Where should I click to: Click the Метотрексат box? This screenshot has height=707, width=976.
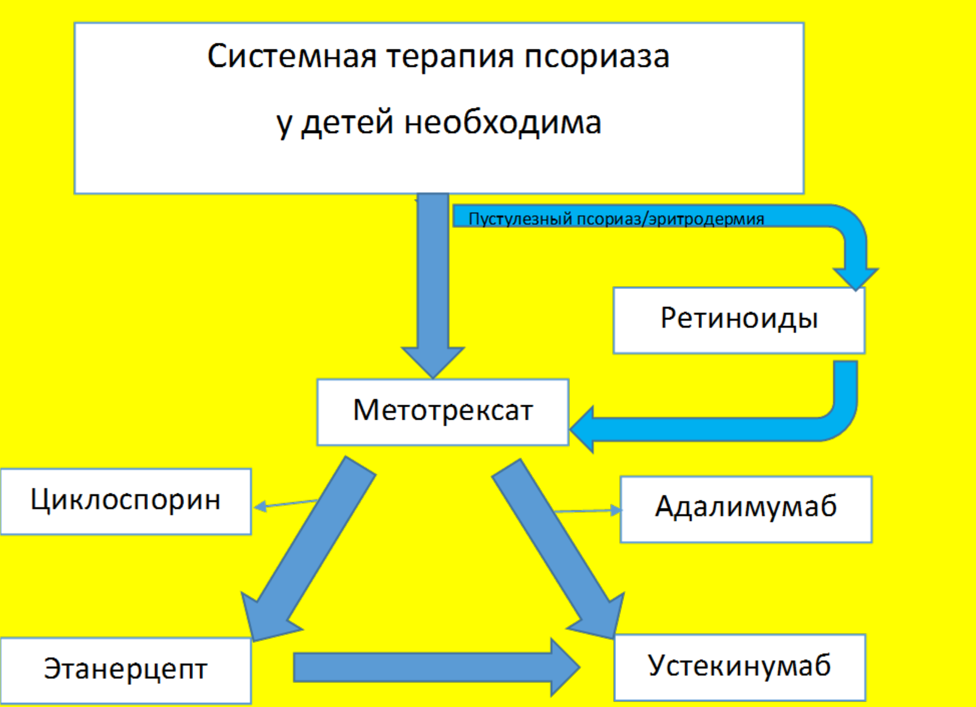443,412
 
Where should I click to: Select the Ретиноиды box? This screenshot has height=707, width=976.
739,320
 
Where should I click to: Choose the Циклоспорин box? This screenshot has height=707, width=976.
125,501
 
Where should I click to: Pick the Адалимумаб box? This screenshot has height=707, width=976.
746,509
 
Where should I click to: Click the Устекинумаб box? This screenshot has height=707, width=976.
740,668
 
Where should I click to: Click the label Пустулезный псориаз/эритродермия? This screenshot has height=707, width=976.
616,219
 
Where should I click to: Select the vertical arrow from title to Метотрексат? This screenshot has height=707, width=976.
433,286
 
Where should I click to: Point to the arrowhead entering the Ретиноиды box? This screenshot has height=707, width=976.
855,279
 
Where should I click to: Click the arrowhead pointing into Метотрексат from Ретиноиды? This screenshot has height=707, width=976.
582,429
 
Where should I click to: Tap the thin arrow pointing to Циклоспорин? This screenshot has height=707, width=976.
286,504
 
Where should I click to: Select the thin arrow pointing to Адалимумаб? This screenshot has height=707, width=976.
588,511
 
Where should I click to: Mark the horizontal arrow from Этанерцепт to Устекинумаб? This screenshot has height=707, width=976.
437,668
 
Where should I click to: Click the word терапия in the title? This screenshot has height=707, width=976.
450,57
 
